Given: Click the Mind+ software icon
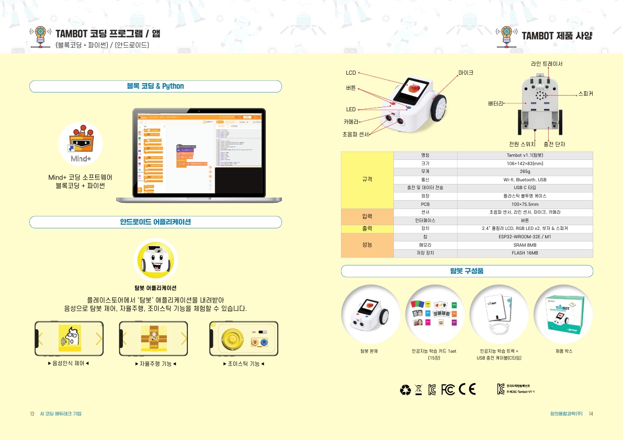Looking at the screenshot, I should click(80, 143).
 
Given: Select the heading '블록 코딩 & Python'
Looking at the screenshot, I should click(155, 86).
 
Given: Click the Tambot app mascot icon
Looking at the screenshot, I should click(155, 260).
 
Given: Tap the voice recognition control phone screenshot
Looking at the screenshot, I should click(69, 339).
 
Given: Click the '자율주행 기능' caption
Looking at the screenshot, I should click(155, 364).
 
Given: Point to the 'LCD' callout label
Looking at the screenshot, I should click(350, 73).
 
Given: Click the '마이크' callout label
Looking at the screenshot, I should click(466, 73).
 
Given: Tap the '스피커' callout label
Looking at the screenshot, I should click(585, 94).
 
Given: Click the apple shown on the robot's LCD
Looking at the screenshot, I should click(413, 88).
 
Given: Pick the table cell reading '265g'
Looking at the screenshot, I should click(525, 171).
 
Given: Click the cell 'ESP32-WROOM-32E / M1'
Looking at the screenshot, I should click(525, 237).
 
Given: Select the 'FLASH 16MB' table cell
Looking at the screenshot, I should click(525, 253).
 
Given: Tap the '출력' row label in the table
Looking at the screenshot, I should click(367, 228).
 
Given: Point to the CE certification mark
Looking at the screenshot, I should click(467, 389).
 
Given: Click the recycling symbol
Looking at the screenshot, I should click(405, 390).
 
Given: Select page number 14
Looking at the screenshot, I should click(591, 414).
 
